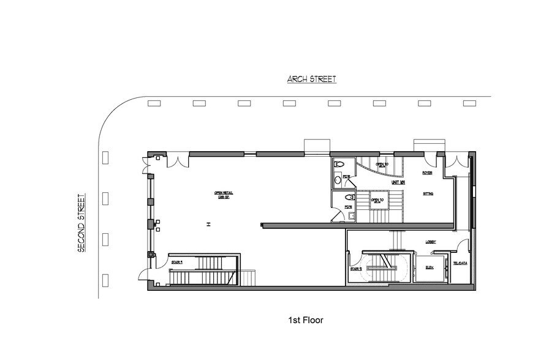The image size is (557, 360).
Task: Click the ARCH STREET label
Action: click(312, 79)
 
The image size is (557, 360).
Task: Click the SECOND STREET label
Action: click(80, 223)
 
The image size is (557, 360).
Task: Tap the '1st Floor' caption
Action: click(305, 320)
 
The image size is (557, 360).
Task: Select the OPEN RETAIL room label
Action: click(224, 195)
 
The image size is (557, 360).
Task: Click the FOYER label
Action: click(428, 173)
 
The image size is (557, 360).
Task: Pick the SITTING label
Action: click(429, 193)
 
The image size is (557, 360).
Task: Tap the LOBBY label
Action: click(431, 242)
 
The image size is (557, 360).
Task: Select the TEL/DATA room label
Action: click(460, 264)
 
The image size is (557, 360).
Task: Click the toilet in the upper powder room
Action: click(341, 164)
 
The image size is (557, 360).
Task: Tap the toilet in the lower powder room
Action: click(349, 198)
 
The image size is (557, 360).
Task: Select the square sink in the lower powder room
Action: click(335, 214)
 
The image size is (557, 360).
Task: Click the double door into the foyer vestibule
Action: click(456, 162)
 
